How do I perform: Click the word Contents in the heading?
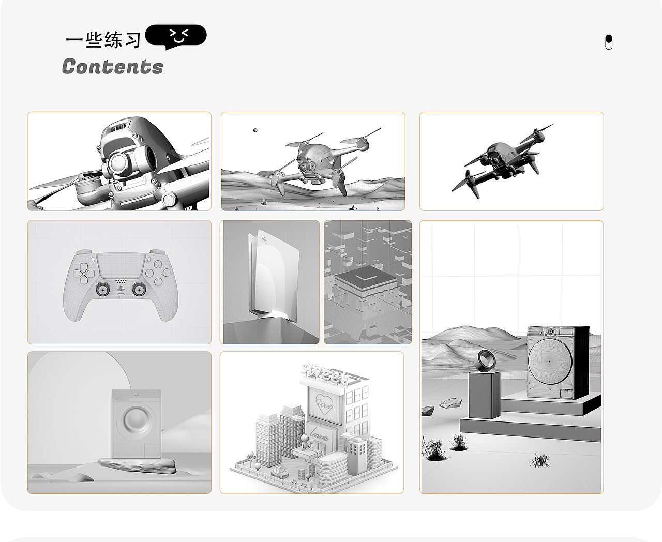(x=112, y=67)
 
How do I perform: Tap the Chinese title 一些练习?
(x=103, y=40)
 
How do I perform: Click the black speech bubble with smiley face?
(x=176, y=37)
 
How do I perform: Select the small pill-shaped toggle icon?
(x=608, y=42)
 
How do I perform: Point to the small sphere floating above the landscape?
(x=255, y=130)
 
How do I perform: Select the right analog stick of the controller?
(x=138, y=289)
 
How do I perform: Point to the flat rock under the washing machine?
(x=138, y=465)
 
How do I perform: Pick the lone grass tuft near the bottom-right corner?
(x=540, y=460)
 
